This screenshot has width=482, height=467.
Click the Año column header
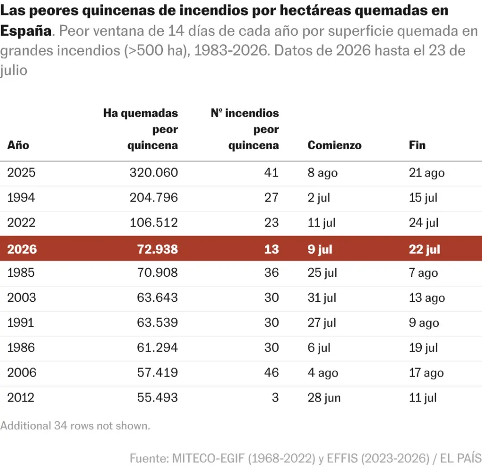coord(18,145)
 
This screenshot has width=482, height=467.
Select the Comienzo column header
coord(335,145)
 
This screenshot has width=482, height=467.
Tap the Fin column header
coord(417,145)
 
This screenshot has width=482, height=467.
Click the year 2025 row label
coord(21,172)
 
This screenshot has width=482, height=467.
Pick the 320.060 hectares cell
coord(154,172)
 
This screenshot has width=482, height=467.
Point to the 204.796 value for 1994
coord(154,197)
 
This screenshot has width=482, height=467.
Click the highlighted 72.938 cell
coord(157,249)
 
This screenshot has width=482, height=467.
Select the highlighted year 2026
coord(22,249)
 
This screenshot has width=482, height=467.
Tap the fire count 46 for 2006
coord(272,372)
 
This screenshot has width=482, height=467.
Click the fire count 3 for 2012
coord(275,397)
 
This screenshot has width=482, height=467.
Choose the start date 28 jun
coord(324,398)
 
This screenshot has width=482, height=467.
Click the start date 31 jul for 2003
coord(322,298)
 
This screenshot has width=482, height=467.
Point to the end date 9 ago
coord(424,323)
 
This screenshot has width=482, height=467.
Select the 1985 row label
coord(21,273)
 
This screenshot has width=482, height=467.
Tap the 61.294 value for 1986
coord(157,347)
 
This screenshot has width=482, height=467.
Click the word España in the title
coord(26,31)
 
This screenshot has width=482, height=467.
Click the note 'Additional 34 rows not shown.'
coord(75,426)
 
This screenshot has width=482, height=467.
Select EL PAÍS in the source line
coord(461,459)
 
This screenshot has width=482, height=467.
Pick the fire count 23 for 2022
coord(272,223)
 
